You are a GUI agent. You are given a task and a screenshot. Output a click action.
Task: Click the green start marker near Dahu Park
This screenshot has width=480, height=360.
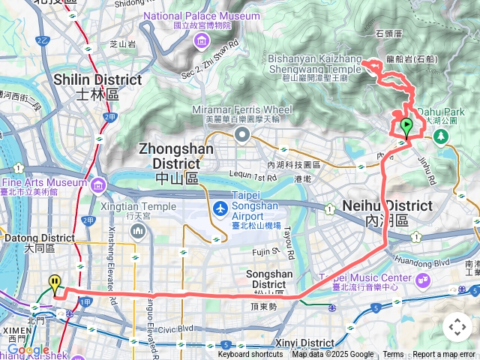(x=406, y=127)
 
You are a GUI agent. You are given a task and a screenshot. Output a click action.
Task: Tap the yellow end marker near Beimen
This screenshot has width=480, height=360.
(x=55, y=284)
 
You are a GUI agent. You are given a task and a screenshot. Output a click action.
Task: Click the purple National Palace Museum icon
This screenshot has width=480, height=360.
(x=201, y=40)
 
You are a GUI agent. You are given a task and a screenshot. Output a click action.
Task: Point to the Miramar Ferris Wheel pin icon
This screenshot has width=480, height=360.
(x=241, y=135)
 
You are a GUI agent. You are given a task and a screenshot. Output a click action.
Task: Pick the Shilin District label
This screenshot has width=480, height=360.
(x=97, y=85)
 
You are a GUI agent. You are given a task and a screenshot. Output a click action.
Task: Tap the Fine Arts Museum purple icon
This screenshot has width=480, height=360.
(x=100, y=184)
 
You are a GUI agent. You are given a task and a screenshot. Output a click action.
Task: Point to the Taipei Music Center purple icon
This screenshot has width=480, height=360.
(x=422, y=280)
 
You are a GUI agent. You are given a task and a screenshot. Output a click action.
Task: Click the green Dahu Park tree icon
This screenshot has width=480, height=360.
(x=441, y=136)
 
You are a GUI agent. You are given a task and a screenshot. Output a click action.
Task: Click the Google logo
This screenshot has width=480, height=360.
(x=28, y=349)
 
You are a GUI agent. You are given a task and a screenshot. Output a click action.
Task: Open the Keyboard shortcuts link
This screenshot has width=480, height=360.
(x=250, y=355)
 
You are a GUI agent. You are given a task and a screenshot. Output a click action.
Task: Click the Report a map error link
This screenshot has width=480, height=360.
(x=445, y=355)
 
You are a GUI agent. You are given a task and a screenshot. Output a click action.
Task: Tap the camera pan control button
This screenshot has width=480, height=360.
(x=457, y=327)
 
